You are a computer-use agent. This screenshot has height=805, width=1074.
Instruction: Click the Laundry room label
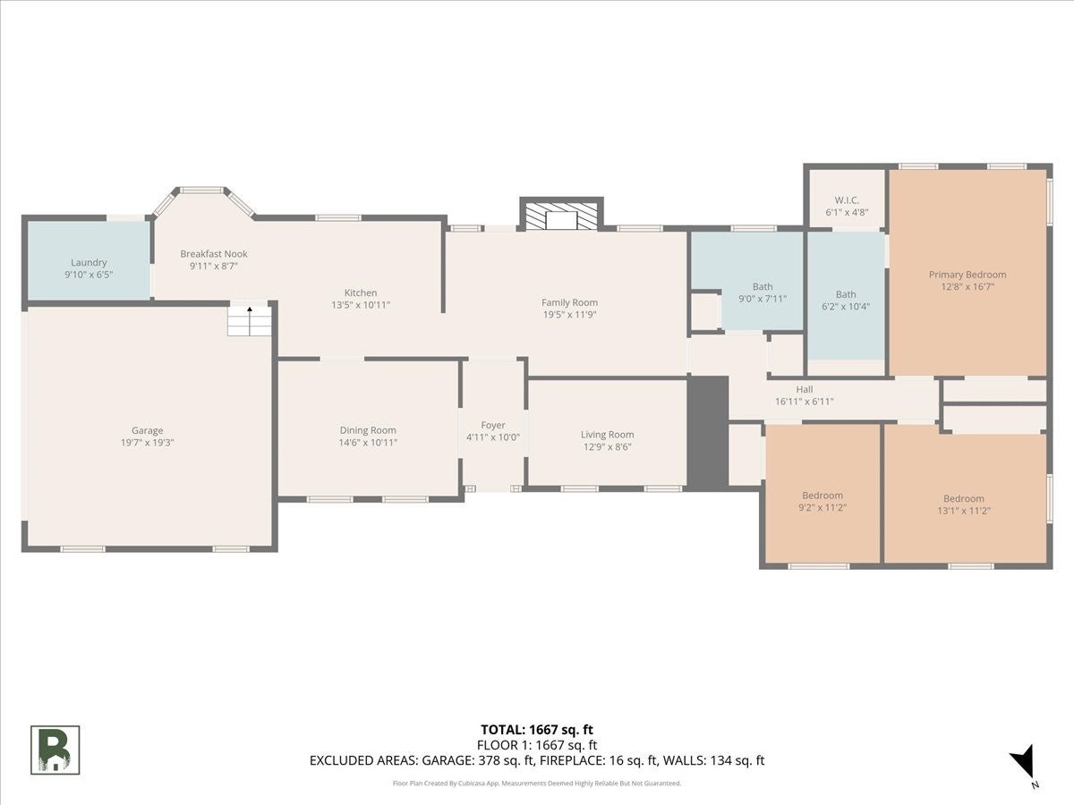click(x=89, y=262)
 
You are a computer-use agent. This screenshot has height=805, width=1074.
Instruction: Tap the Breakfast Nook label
click(x=214, y=254)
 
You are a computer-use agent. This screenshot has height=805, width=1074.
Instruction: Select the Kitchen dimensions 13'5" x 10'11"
click(x=361, y=305)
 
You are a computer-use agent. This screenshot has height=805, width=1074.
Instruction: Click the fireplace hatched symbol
click(x=561, y=216)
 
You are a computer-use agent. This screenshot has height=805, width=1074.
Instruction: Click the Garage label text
click(x=148, y=430)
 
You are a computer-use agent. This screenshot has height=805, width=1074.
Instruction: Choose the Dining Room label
click(x=368, y=430)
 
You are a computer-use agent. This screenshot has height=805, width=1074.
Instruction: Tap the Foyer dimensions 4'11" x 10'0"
click(x=493, y=437)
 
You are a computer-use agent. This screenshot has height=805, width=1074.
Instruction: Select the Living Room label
click(x=607, y=435)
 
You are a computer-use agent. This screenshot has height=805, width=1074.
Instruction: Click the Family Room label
click(x=569, y=302)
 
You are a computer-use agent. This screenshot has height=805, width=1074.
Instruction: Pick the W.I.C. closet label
click(x=847, y=199)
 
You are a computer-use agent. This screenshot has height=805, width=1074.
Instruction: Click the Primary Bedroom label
click(x=967, y=275)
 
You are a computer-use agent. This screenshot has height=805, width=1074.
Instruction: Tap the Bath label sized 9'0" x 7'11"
click(x=763, y=286)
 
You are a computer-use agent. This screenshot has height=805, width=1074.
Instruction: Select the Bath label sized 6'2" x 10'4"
click(x=846, y=294)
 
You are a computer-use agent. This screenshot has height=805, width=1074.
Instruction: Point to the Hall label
click(x=805, y=389)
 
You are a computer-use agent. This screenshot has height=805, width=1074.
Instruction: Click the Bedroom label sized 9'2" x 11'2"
click(x=823, y=496)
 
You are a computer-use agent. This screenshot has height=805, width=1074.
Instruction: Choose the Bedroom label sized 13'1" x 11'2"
click(x=963, y=498)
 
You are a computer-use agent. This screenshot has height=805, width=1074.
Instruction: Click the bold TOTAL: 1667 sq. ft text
click(x=537, y=730)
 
